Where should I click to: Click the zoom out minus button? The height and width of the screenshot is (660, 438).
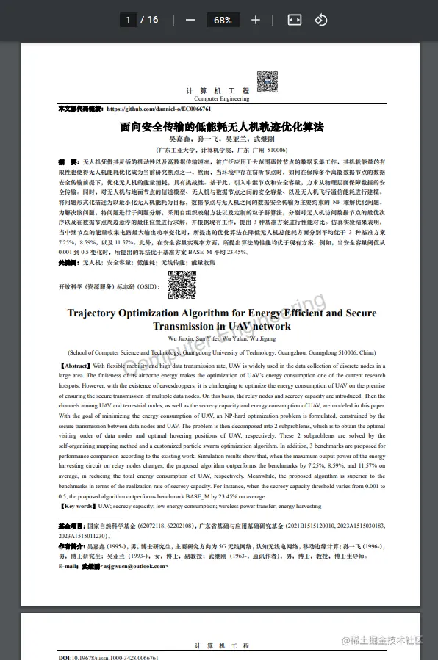[190, 20]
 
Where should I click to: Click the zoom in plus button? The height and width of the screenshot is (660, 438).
[256, 20]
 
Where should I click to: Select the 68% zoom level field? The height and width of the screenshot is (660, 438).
[223, 20]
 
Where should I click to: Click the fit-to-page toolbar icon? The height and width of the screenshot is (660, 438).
[294, 20]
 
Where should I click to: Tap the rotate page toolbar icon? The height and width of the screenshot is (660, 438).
[320, 20]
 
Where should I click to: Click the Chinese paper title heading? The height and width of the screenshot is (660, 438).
[222, 126]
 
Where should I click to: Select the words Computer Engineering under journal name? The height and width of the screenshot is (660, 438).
[222, 98]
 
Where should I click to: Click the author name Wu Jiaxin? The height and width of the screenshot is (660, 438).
[182, 338]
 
